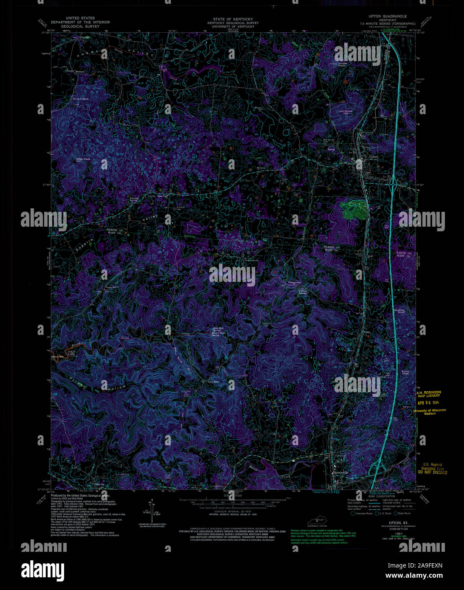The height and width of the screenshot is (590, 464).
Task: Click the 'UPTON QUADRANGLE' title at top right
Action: click(388, 16)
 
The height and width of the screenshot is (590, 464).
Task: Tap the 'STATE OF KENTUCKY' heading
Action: click(233, 19)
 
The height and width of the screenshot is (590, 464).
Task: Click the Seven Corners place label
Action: click(80, 98)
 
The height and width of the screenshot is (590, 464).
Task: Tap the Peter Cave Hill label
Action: click(83, 160)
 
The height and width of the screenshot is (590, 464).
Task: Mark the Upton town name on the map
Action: click(373, 157)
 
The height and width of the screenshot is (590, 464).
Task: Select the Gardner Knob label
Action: click(399, 311)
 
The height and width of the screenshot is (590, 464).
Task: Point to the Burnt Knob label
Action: click(405, 372)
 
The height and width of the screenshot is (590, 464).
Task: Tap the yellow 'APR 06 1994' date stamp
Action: click(429, 403)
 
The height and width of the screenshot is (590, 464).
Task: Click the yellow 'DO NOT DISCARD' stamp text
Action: click(433, 472)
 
